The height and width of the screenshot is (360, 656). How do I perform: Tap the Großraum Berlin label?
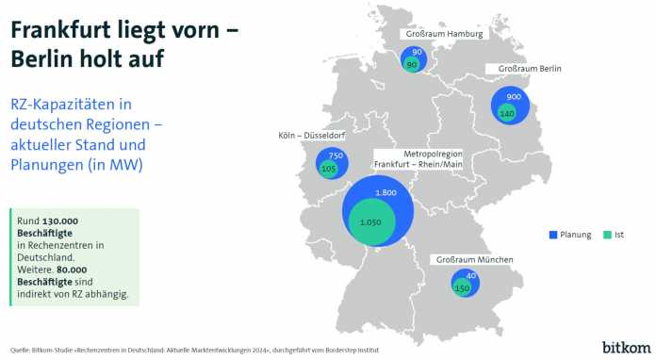[523, 69]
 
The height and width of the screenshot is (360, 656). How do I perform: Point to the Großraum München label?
[472, 258]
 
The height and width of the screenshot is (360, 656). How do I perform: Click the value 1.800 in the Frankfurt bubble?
[385, 193]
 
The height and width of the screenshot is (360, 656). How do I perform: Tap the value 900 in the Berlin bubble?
[514, 97]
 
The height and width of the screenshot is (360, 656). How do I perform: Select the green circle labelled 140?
[506, 113]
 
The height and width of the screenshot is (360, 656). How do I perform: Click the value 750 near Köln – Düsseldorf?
[336, 155]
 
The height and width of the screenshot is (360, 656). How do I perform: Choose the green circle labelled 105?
[329, 170]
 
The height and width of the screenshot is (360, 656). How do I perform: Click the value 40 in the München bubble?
[471, 275]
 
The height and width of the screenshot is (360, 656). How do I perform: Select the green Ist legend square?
[607, 234]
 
